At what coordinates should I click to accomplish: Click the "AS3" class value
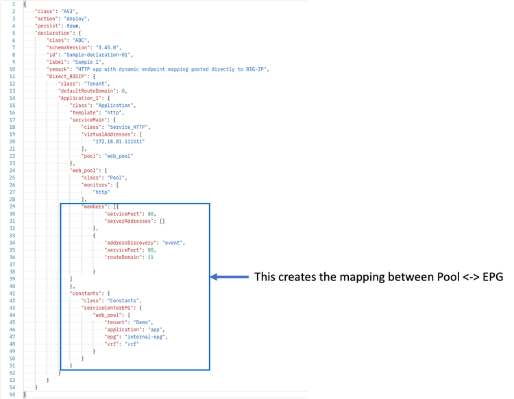[x=68, y=12]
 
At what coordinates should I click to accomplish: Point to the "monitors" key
[x=96, y=184]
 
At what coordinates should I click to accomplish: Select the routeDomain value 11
[x=150, y=257]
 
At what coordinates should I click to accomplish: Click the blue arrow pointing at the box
[x=229, y=277]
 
